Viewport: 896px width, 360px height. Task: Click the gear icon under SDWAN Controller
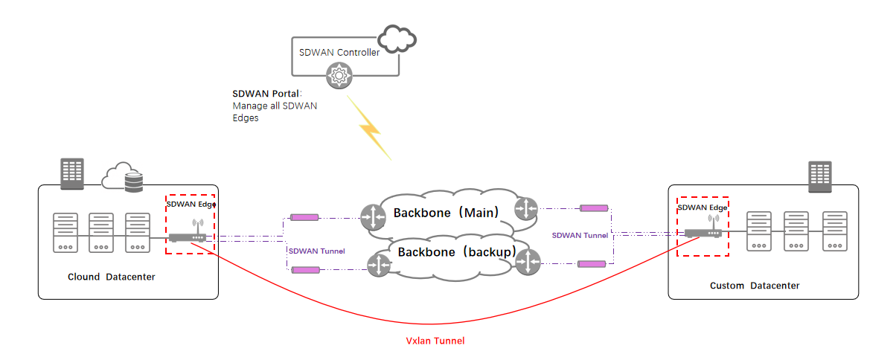[339, 74]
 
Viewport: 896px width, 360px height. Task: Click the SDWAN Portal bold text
[266, 94]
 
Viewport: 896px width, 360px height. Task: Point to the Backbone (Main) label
[443, 213]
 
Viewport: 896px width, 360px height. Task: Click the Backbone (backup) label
[456, 251]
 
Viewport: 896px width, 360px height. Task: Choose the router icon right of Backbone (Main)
[526, 208]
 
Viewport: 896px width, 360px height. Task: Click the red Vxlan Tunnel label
[435, 341]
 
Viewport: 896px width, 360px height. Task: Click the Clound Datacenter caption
[112, 277]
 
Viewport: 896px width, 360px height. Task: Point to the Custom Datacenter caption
[754, 286]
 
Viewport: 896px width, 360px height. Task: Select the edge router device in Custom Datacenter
[703, 231]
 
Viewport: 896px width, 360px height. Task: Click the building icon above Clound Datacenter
[72, 173]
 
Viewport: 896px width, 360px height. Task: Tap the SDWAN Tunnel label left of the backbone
[316, 251]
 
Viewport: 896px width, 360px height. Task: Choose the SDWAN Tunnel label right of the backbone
[580, 235]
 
